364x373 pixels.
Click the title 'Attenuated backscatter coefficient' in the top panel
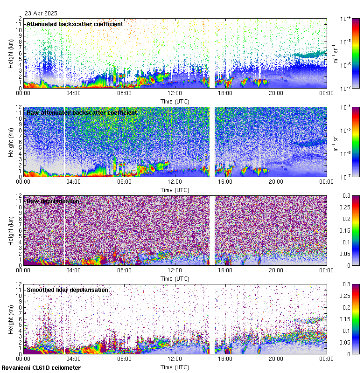pos(75,24)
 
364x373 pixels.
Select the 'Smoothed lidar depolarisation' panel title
pos(67,290)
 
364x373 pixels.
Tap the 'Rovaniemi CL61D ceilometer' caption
pos(41,368)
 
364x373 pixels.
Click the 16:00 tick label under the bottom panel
pos(225,359)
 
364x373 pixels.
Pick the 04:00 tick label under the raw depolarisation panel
pos(74,270)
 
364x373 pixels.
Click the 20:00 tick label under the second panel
pos(276,182)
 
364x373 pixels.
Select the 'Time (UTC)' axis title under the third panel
pos(175,278)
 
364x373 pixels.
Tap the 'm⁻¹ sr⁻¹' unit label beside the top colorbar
pos(336,53)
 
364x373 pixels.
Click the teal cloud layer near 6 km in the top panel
pos(308,55)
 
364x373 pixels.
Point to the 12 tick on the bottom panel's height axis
pos(20,284)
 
